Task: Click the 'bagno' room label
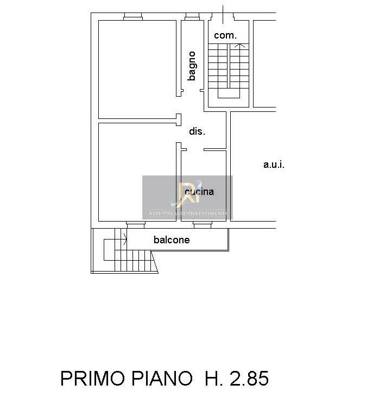point(192,66)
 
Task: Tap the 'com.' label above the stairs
point(225,35)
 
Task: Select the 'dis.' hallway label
point(197,131)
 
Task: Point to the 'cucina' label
point(199,192)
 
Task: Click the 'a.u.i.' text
point(274,165)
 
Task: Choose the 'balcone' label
point(172,240)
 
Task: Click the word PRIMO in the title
point(93,379)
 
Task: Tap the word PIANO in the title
point(162,379)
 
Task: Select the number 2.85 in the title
point(249,379)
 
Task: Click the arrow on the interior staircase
point(240,46)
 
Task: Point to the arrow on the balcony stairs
point(125,240)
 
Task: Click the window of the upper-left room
point(133,17)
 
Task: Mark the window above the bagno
point(192,17)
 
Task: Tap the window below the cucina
point(203,225)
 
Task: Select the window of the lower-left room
point(136,225)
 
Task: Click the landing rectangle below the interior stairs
point(229,93)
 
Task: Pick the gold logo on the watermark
point(188,194)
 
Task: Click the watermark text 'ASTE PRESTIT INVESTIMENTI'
point(187,213)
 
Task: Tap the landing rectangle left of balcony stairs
point(109,250)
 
